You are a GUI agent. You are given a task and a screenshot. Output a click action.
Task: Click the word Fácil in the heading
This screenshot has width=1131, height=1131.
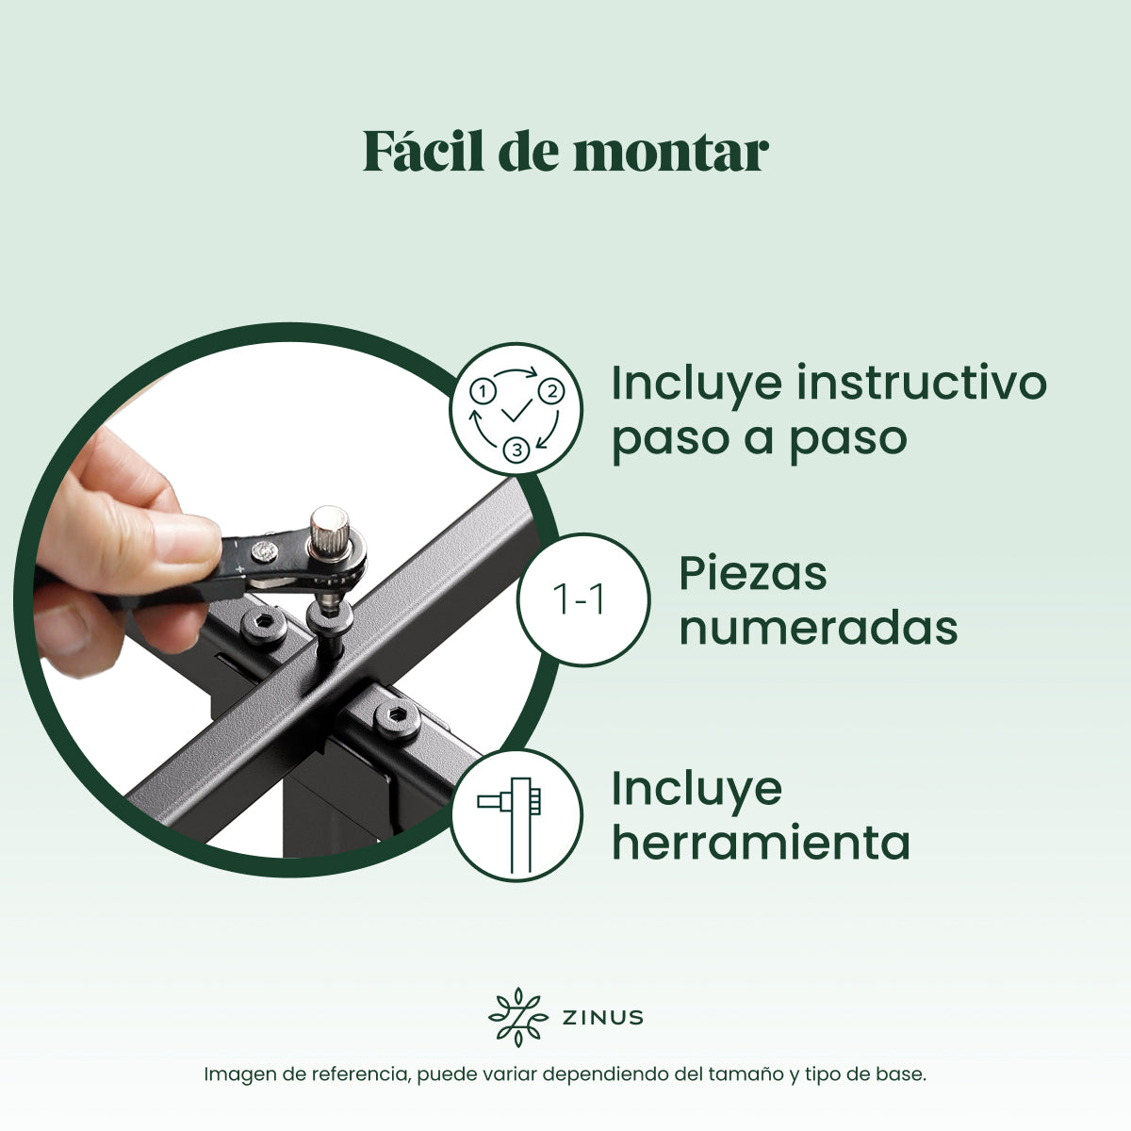pos(423,151)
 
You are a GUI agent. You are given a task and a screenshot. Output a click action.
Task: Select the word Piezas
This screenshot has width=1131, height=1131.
pos(753,574)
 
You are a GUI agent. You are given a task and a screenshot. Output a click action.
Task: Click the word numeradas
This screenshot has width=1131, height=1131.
pos(818,629)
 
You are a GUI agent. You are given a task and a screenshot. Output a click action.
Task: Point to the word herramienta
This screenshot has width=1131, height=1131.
pos(761,843)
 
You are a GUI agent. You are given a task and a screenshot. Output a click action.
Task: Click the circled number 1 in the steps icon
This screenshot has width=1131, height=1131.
pos(484,391)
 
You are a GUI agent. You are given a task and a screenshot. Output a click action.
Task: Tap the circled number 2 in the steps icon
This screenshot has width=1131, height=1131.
pos(551,391)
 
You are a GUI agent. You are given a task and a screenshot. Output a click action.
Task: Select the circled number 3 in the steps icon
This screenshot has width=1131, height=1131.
pos(517,451)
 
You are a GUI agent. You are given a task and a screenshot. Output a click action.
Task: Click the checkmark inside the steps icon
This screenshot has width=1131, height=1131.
pos(517,411)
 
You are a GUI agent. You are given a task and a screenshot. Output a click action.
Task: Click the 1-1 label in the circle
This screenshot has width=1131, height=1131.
pos(580,599)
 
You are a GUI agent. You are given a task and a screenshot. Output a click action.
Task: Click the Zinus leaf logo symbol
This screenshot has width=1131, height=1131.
pos(517,1018)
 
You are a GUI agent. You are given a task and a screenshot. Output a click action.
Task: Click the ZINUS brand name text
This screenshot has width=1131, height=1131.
pos(603,1018)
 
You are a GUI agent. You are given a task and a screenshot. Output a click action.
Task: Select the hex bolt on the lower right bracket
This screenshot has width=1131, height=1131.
pos(398,719)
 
